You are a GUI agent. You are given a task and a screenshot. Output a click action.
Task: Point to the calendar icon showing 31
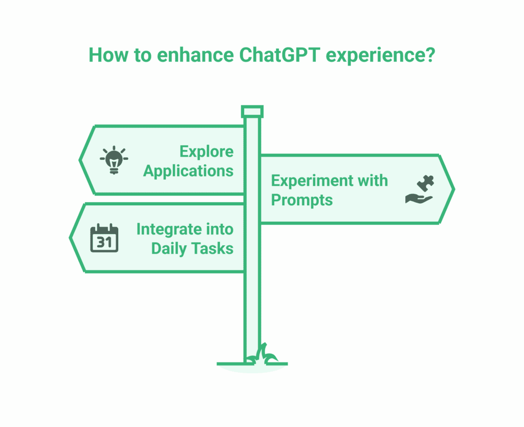tap(104, 238)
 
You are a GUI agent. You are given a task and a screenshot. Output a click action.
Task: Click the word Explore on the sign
tap(206, 152)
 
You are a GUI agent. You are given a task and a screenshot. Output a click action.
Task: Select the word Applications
tap(188, 170)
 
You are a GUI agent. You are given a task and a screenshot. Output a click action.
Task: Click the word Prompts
tap(301, 200)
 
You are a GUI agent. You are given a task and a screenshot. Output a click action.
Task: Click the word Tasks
tap(213, 248)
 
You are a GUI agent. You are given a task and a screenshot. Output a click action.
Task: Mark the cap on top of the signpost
tap(252, 111)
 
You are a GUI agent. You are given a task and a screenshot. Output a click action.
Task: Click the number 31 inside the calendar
tap(104, 242)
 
